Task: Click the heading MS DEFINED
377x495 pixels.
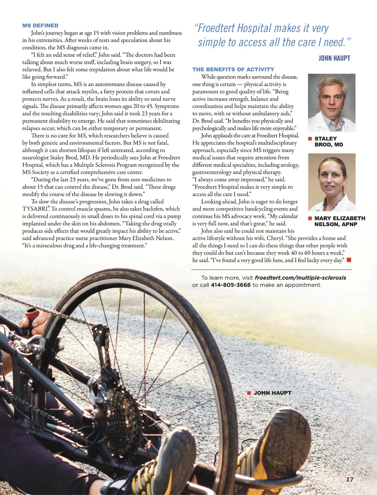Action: coord(40,25)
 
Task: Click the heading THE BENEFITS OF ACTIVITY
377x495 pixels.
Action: coord(233,69)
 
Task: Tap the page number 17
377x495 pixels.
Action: coord(350,479)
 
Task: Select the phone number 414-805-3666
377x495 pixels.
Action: coord(231,285)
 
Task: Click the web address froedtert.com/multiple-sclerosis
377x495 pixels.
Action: coord(300,278)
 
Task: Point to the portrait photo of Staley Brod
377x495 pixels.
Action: coord(331,102)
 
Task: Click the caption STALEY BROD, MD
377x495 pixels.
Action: coord(329,142)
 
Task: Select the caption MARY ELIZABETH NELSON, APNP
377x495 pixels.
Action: coord(340,221)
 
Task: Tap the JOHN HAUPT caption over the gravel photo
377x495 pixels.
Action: coord(272,393)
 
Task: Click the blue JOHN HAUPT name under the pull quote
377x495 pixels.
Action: coord(334,58)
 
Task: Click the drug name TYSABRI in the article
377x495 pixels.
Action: coord(35,209)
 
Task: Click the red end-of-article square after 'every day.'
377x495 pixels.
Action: coord(349,260)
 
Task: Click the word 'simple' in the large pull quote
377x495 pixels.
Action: coord(213,42)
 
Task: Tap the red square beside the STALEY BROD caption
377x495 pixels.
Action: coord(310,139)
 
